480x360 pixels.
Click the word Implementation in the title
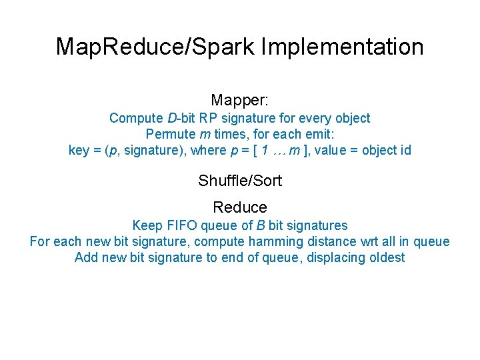pos(343,47)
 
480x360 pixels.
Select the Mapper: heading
pos(239,101)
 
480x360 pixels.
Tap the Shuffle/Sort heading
pos(239,181)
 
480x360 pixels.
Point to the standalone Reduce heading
pos(239,207)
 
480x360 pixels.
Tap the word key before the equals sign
pos(79,150)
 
